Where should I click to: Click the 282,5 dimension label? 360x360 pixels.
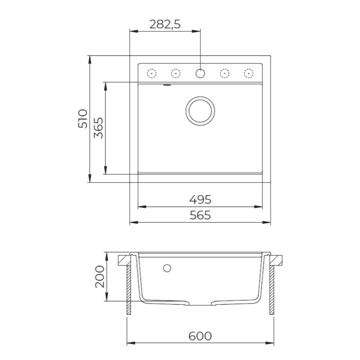[165, 24]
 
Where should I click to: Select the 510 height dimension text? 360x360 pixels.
[83, 119]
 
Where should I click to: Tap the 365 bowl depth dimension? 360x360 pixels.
[99, 128]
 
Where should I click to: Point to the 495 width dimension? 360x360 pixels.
[200, 199]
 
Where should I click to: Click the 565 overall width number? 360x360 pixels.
[200, 215]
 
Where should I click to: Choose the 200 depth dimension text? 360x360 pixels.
[100, 276]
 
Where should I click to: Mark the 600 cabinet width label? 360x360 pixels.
[200, 336]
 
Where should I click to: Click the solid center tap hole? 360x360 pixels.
[200, 73]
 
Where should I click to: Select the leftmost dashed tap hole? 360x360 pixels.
[152, 73]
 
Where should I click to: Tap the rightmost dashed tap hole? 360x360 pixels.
[248, 73]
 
